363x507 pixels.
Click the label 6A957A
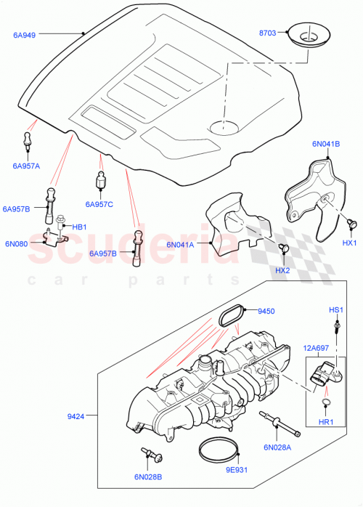(x=26, y=166)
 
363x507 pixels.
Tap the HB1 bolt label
(x=79, y=227)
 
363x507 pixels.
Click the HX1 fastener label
(x=350, y=243)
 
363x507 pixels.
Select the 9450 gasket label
(x=266, y=312)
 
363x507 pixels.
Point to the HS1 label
(x=335, y=310)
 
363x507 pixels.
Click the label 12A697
(x=317, y=349)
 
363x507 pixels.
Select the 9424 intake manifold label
(x=76, y=416)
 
